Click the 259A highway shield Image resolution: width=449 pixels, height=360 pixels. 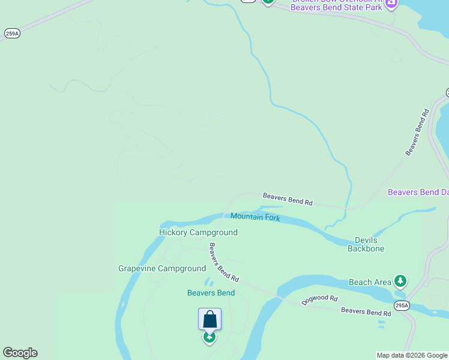click(12, 34)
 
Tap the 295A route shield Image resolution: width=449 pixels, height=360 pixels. click(402, 306)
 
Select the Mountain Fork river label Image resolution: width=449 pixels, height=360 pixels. click(255, 217)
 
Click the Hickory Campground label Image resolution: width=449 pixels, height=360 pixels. click(198, 232)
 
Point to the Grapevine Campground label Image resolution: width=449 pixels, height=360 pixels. click(162, 268)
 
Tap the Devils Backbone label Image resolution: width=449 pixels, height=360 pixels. click(366, 244)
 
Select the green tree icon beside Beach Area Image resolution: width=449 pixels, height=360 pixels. click(400, 281)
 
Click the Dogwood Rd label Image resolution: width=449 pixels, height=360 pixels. click(320, 299)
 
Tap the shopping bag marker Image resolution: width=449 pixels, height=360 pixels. click(209, 319)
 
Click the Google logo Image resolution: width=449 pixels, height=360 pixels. click(20, 353)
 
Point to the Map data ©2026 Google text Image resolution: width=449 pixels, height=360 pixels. click(412, 355)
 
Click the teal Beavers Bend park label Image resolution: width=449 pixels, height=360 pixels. click(211, 293)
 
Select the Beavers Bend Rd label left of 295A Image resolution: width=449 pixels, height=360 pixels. click(366, 311)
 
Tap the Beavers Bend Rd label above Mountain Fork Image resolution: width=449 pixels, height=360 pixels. click(288, 199)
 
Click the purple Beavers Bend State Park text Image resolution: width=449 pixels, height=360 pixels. click(336, 7)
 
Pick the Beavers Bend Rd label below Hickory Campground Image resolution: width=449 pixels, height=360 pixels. click(224, 263)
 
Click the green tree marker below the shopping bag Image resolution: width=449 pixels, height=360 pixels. click(209, 337)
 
